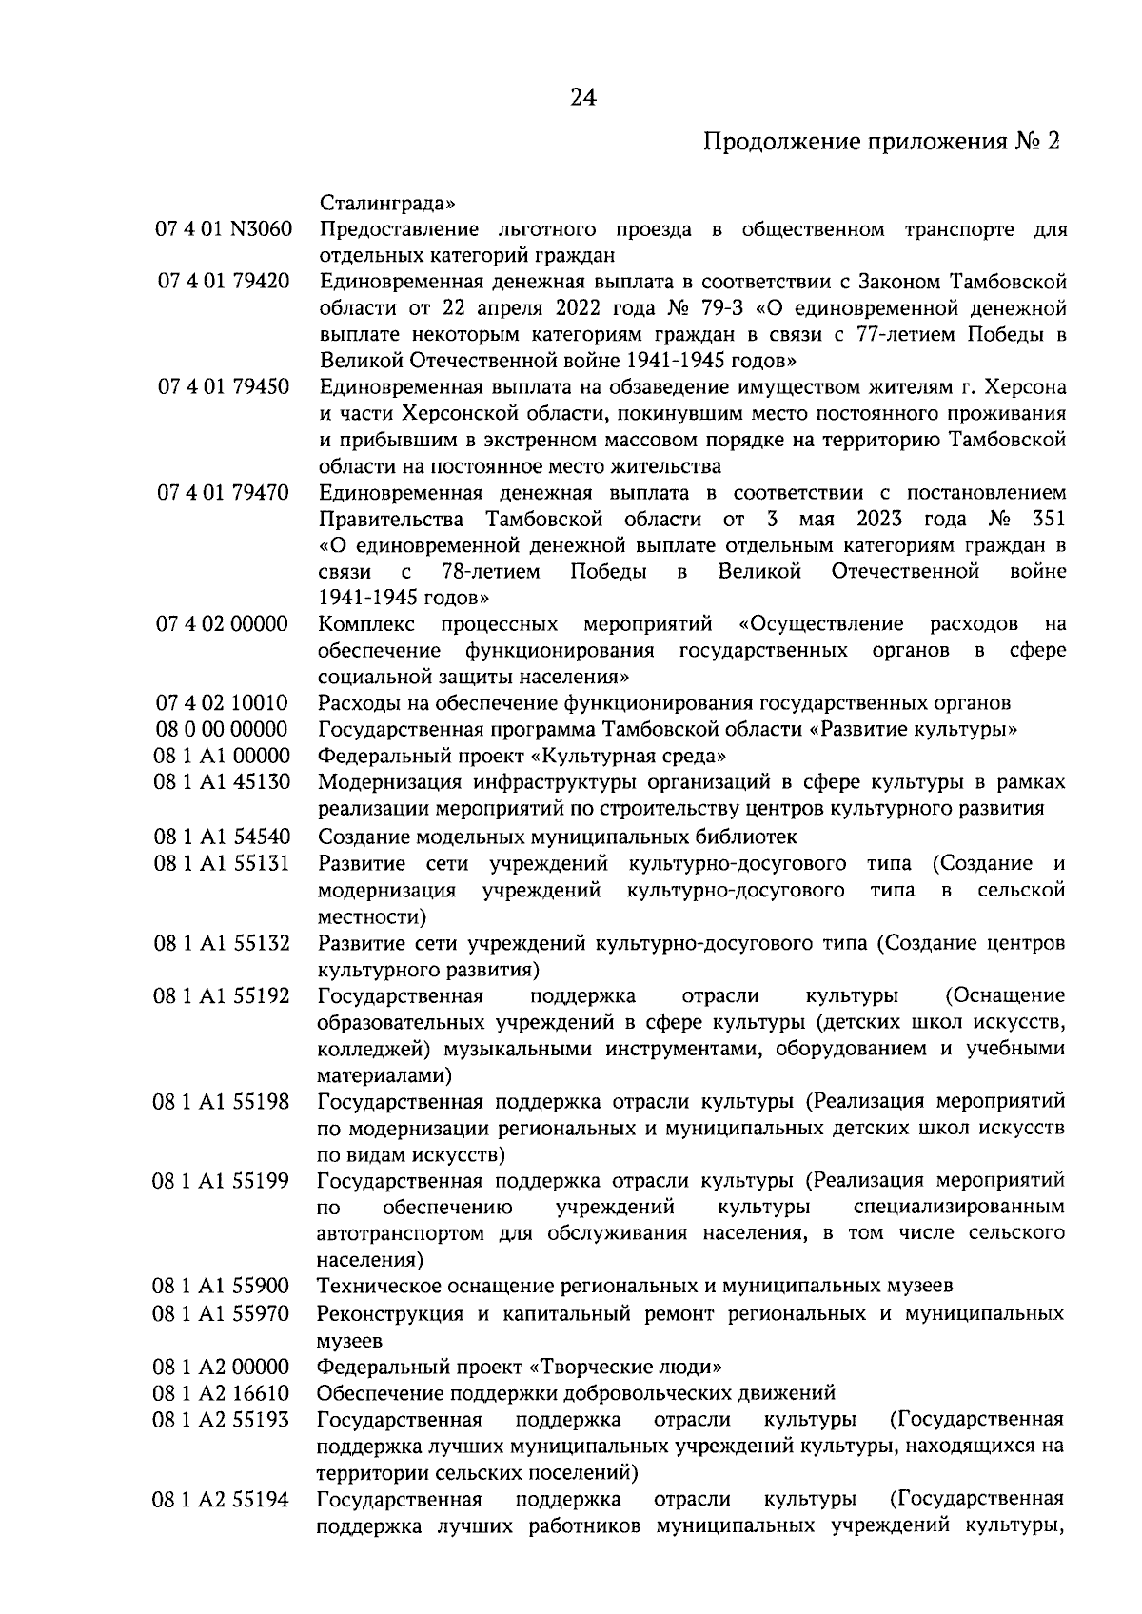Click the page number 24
[582, 97]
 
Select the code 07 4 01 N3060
[223, 230]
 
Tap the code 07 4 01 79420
[223, 283]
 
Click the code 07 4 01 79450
[223, 387]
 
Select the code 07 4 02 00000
[223, 624]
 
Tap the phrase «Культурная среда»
[628, 757]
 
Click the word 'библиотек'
[749, 837]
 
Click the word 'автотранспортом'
[404, 1234]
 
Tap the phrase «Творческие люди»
[624, 1368]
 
